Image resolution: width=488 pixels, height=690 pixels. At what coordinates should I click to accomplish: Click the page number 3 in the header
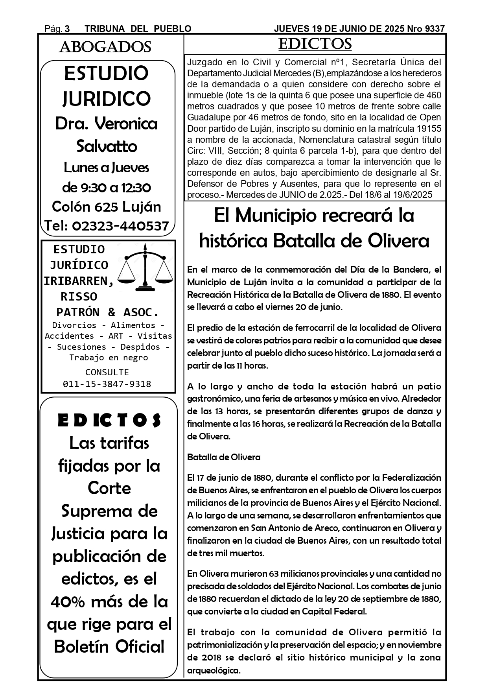pyautogui.click(x=67, y=29)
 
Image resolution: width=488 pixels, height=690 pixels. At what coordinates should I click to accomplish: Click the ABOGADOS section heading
pyautogui.click(x=105, y=47)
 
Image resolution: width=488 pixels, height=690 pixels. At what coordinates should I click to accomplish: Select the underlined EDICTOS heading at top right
pyautogui.click(x=315, y=44)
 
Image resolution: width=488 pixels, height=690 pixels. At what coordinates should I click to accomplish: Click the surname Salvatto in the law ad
pyautogui.click(x=107, y=146)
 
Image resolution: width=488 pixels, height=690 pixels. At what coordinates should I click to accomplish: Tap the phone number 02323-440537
pyautogui.click(x=120, y=226)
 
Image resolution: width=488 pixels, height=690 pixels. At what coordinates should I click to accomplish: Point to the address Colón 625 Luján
pyautogui.click(x=107, y=207)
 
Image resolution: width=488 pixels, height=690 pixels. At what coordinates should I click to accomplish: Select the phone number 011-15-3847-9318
pyautogui.click(x=107, y=384)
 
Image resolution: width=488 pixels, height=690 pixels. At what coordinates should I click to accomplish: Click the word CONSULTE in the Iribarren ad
pyautogui.click(x=107, y=372)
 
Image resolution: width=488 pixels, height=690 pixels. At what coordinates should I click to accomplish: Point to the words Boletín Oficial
pyautogui.click(x=109, y=647)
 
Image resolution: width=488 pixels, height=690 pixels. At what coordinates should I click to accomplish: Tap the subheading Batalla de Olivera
pyautogui.click(x=224, y=457)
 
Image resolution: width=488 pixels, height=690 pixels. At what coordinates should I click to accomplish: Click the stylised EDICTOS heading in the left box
pyautogui.click(x=109, y=420)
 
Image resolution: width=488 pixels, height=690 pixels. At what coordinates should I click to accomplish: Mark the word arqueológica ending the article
pyautogui.click(x=214, y=670)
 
